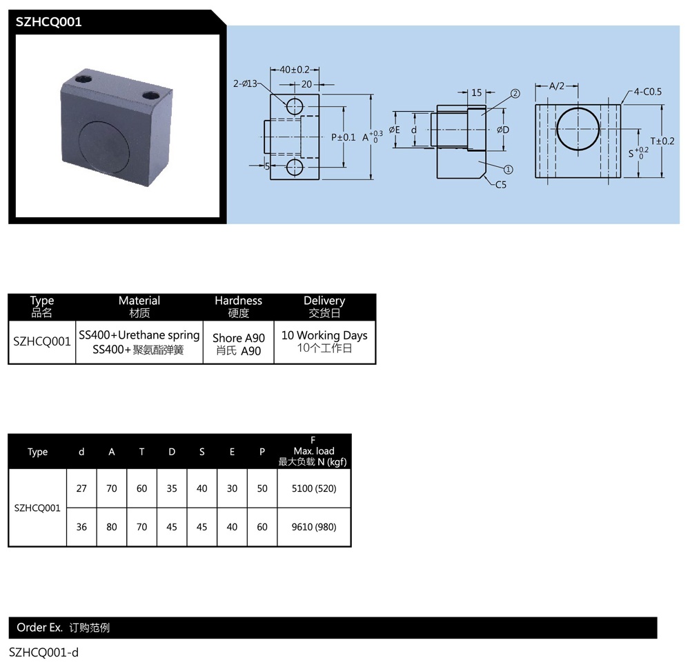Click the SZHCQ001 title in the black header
pos(49,22)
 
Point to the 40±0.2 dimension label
pos(295,70)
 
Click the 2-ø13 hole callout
pos(245,83)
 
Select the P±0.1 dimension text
pos(343,137)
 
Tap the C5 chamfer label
pos(500,184)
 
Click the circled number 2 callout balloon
pos(515,93)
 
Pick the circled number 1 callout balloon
pos(509,169)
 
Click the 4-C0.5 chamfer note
pos(648,92)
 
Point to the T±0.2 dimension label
pos(662,141)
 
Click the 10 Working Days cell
pos(324,336)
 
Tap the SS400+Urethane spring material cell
pos(139,335)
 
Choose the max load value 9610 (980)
pos(314,527)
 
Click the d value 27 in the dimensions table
pos(81,488)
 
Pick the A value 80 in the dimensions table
pos(112,527)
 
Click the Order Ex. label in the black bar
pos(40,628)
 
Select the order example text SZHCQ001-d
pos(43,652)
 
